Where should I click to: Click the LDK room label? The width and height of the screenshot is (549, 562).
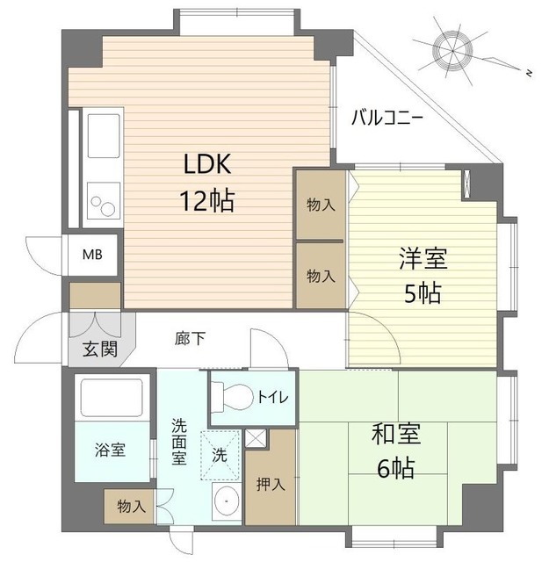point(207,164)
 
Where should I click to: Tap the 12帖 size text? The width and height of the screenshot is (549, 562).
point(207,200)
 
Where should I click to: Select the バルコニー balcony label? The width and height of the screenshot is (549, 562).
point(387,118)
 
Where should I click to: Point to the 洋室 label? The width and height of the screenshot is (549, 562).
point(423,258)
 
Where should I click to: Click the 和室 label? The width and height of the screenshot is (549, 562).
point(396,433)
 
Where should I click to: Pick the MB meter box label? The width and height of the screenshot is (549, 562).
point(92,255)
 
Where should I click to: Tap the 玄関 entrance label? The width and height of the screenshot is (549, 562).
point(100,349)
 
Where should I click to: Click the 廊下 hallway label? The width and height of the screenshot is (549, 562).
point(190,338)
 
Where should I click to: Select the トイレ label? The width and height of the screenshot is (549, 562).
point(273,397)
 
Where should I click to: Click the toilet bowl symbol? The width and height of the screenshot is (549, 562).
point(232,397)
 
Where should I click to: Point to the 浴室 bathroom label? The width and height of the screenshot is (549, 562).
point(110,450)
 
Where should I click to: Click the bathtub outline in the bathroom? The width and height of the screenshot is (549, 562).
point(112,398)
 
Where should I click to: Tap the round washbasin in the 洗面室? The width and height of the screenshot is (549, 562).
point(226,501)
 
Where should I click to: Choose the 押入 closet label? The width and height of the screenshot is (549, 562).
point(271,485)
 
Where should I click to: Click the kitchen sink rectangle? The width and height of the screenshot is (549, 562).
point(104,136)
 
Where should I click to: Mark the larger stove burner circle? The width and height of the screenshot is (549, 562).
point(108,209)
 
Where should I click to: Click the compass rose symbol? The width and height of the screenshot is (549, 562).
point(452,51)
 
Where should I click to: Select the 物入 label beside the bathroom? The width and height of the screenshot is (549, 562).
point(131,507)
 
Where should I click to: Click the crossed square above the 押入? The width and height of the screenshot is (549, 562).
point(256,438)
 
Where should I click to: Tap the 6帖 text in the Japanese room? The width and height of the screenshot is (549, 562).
point(396,468)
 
